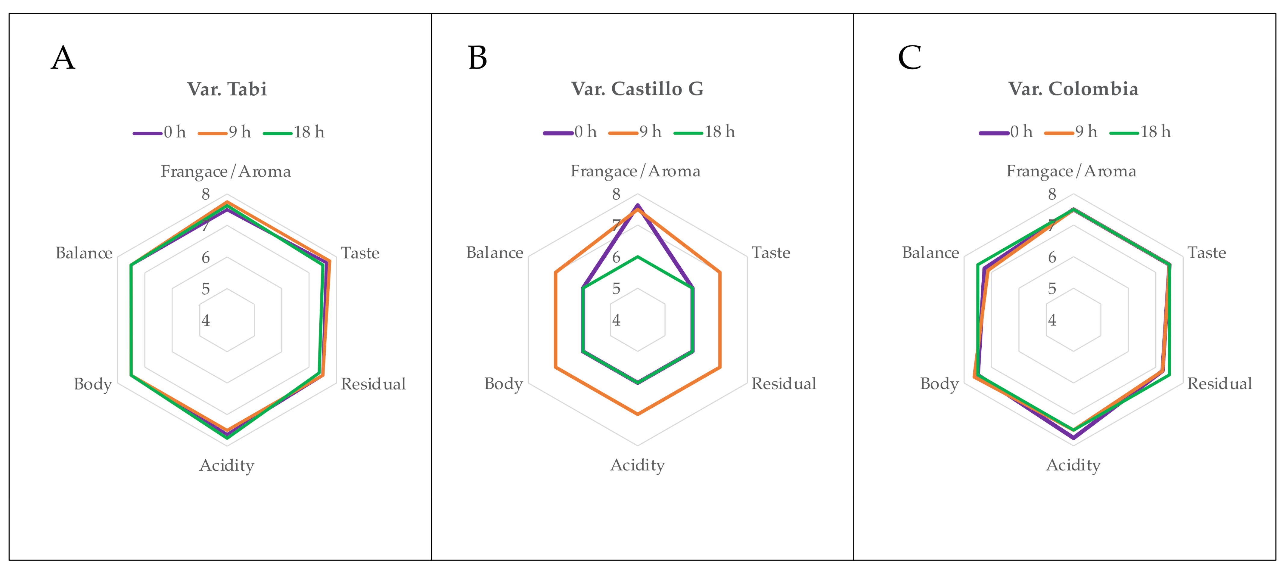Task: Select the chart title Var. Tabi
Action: click(x=227, y=89)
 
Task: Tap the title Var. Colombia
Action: click(x=1073, y=89)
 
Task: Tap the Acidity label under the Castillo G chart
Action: click(x=638, y=465)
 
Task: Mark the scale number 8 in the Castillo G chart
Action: click(x=616, y=194)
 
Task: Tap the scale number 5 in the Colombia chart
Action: click(x=1052, y=289)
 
